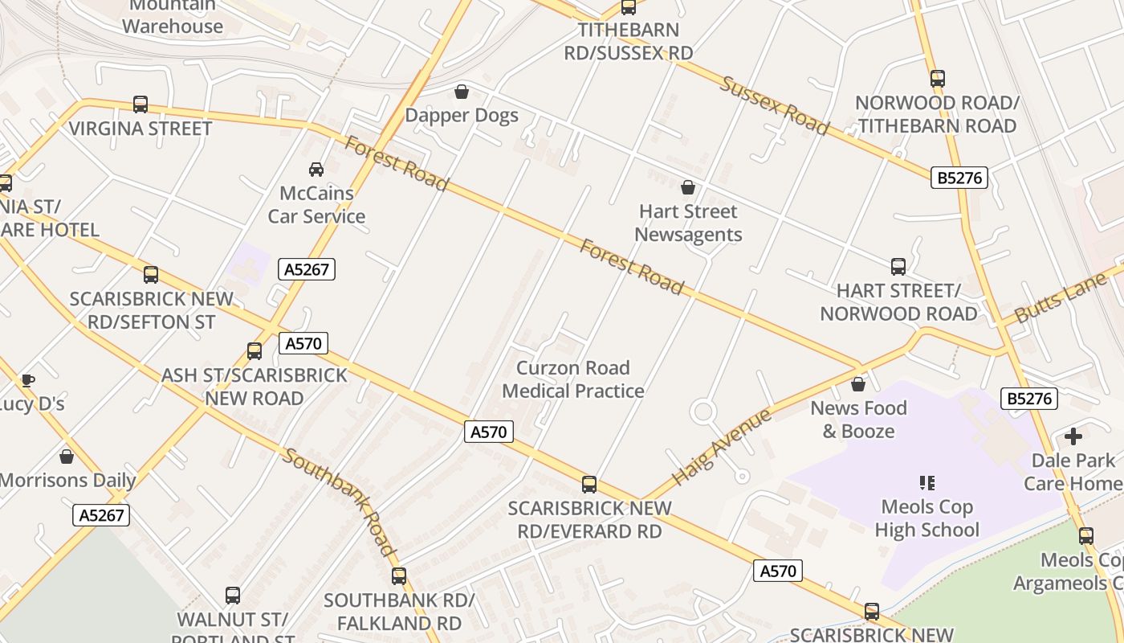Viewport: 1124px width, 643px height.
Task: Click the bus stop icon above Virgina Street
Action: click(x=140, y=104)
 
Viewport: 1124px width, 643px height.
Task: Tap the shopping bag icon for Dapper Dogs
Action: click(x=462, y=92)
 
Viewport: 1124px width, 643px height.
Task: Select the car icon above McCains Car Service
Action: click(x=316, y=169)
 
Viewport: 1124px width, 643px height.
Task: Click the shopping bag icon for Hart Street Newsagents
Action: click(x=688, y=187)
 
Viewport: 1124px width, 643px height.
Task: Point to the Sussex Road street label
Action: click(x=774, y=105)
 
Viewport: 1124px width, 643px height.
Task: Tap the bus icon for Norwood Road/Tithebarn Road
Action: click(x=938, y=79)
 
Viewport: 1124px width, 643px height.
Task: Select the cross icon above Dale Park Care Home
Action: click(x=1073, y=436)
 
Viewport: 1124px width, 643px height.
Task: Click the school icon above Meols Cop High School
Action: click(x=927, y=483)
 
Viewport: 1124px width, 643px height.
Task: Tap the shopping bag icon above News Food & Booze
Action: click(x=858, y=384)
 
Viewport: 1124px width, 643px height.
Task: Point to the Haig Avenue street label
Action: click(x=721, y=447)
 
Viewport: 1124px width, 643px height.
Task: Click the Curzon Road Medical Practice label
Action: click(x=573, y=379)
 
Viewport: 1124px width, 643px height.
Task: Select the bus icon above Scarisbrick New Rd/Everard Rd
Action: click(x=589, y=485)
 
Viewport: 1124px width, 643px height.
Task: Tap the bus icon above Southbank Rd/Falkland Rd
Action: click(x=399, y=576)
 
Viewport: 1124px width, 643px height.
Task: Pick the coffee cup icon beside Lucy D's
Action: click(x=28, y=380)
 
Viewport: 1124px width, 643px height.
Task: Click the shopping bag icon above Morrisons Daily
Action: click(x=67, y=457)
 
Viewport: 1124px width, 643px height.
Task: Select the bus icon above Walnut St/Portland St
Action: click(x=233, y=596)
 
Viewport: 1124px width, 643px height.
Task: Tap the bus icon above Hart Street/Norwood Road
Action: click(x=898, y=267)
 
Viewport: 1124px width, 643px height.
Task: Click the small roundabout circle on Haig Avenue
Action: click(x=702, y=412)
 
